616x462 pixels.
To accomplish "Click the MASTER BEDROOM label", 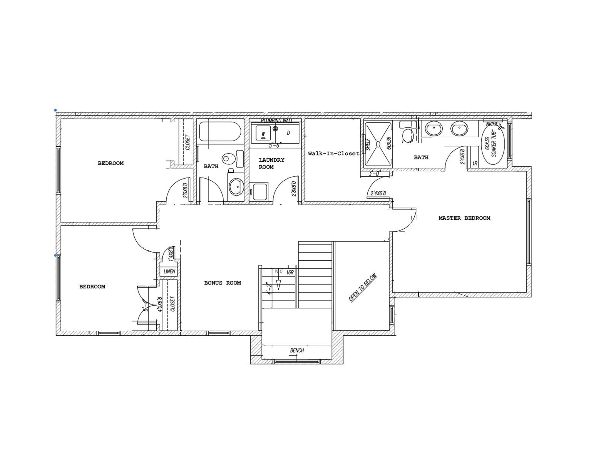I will click(464, 218).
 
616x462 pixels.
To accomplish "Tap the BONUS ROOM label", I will click(223, 283).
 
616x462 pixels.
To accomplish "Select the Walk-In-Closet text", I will click(333, 153).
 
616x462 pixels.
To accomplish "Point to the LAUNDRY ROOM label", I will click(271, 163).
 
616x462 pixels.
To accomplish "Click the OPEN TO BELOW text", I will click(362, 288).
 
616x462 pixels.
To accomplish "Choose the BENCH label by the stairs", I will click(297, 350).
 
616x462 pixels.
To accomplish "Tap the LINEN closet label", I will click(169, 271).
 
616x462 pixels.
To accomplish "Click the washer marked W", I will click(263, 134).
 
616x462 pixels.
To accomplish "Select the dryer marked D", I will click(288, 133).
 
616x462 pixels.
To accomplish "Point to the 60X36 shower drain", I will click(378, 144).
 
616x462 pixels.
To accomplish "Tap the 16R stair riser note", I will click(290, 272).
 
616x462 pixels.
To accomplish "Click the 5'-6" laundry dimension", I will click(275, 145).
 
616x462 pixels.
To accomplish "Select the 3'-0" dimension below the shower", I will click(375, 174).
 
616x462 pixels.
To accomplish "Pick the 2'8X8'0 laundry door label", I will click(294, 189).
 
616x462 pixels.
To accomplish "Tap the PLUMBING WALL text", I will click(276, 121).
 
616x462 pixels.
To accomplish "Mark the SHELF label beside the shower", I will click(368, 144).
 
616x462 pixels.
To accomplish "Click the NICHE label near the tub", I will click(492, 124).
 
